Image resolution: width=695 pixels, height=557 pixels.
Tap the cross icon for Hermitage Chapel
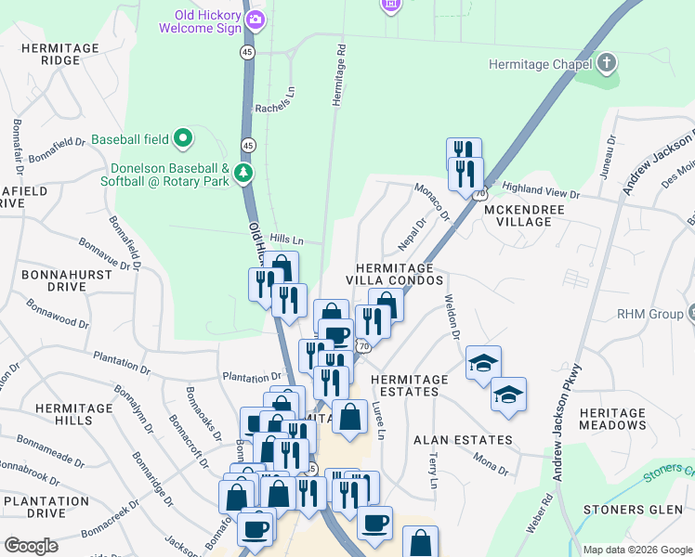607,64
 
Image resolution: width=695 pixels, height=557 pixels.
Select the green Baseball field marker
183,139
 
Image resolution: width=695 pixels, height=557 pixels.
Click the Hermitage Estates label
410,385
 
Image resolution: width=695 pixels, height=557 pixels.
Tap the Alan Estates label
463,439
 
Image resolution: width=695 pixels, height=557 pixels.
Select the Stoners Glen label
626,510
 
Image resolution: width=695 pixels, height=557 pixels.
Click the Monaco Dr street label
432,201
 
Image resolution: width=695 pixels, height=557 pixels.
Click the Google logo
32,546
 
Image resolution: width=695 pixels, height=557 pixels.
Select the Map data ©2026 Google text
636,550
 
